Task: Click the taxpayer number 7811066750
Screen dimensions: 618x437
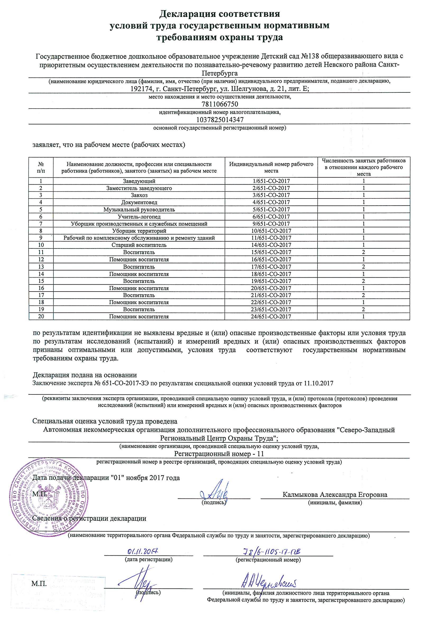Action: pos(220,104)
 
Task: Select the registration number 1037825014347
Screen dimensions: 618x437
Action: pos(220,119)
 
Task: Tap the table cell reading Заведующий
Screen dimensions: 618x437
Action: pos(139,181)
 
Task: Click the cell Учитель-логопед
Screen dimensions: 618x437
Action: pos(139,217)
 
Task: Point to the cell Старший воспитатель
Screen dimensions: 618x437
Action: pos(139,245)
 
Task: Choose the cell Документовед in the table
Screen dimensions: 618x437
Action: pos(139,202)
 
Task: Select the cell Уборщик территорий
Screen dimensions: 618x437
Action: pos(139,231)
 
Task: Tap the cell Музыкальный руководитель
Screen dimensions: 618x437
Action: pos(139,209)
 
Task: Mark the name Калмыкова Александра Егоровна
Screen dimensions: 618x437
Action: pos(335,495)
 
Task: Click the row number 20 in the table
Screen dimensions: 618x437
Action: pos(41,317)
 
